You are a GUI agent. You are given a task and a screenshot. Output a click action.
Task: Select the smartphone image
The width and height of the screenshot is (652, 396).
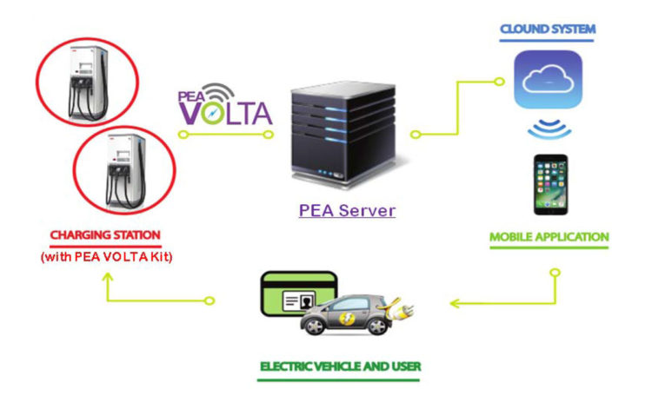[549, 184]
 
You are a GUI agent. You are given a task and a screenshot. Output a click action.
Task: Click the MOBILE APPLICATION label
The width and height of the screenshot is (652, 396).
[549, 236]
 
